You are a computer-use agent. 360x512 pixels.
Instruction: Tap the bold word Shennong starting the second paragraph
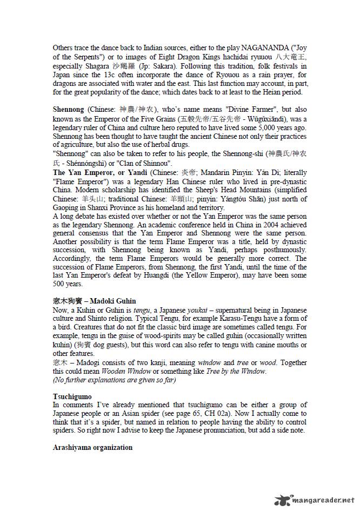tap(68, 109)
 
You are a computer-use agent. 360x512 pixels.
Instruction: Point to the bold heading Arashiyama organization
tap(92, 448)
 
